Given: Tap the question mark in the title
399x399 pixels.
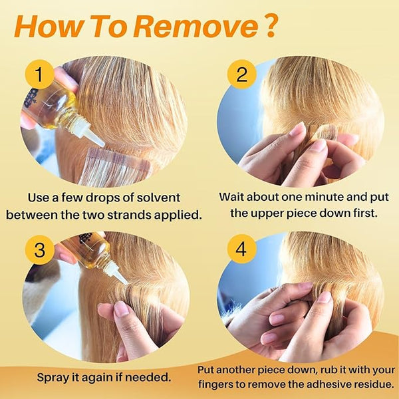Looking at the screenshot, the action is (x=271, y=26).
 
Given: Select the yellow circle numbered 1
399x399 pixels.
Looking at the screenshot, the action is (x=39, y=74).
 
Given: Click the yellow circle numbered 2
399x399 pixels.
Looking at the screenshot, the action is (x=241, y=74).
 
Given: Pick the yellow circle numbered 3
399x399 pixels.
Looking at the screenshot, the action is (x=39, y=249).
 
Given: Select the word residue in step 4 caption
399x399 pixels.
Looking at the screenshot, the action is (x=372, y=384).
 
